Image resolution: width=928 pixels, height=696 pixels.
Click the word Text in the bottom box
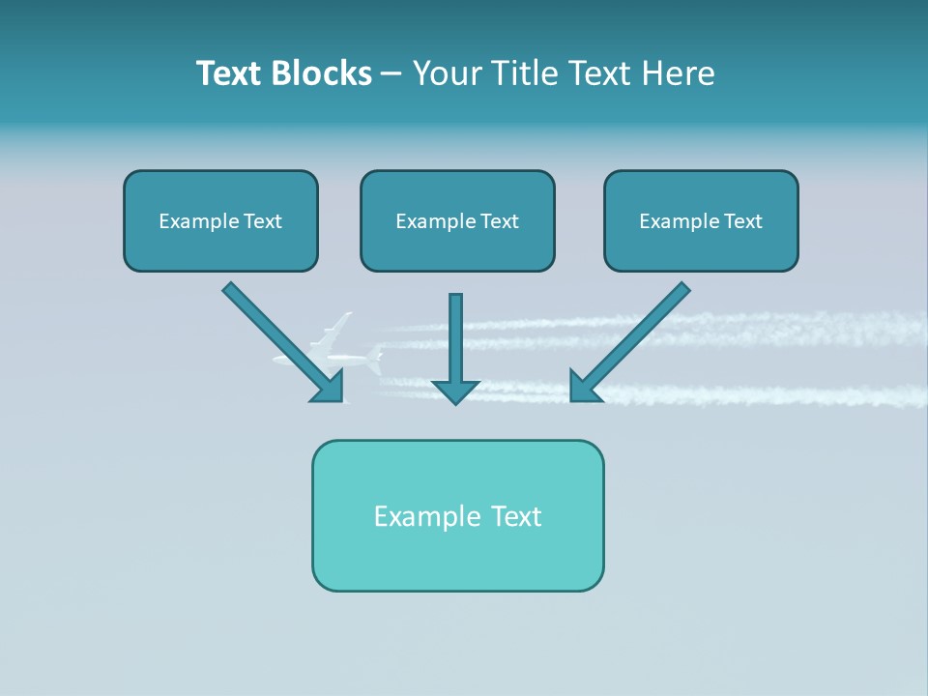(516, 516)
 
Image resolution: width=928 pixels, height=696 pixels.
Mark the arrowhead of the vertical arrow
(455, 391)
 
